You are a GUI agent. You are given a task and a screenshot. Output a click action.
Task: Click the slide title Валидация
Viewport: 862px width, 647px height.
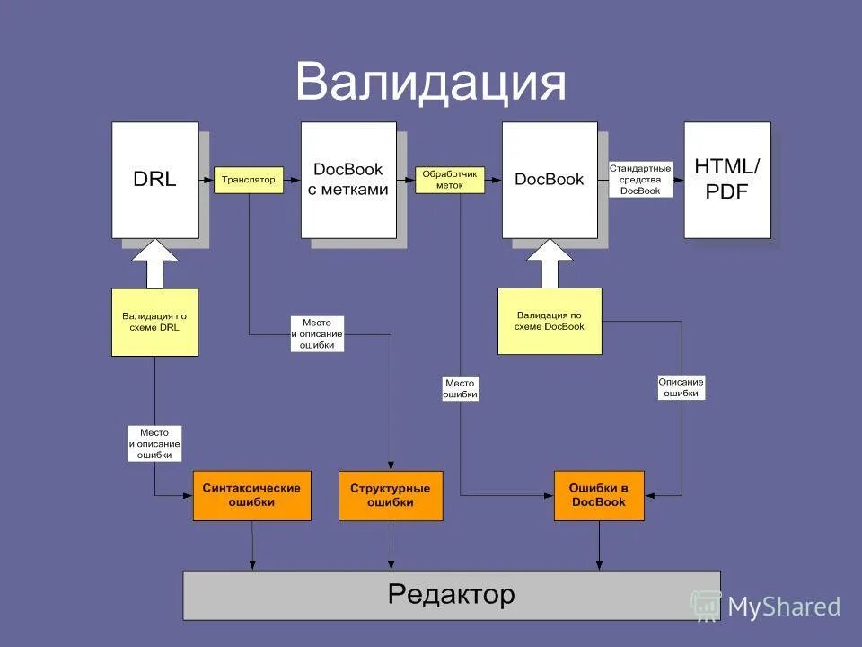pyautogui.click(x=430, y=83)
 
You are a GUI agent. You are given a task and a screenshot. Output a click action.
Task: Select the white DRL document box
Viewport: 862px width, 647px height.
pyautogui.click(x=155, y=180)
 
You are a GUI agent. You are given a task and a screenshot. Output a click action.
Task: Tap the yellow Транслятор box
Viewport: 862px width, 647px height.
pyautogui.click(x=249, y=180)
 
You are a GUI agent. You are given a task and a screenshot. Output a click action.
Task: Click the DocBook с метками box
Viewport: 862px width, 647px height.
pyautogui.click(x=348, y=180)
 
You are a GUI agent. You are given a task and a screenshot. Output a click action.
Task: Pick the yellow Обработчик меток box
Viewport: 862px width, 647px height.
pyautogui.click(x=450, y=180)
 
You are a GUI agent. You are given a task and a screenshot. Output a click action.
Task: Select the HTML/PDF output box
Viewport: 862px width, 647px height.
pyautogui.click(x=727, y=180)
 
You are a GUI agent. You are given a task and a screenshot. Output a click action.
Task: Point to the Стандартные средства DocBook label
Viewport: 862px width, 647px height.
pyautogui.click(x=640, y=180)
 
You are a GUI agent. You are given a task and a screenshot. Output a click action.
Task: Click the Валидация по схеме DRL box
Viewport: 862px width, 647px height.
pyautogui.click(x=154, y=322)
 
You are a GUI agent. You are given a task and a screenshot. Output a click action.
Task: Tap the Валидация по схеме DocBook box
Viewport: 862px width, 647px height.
pyautogui.click(x=550, y=321)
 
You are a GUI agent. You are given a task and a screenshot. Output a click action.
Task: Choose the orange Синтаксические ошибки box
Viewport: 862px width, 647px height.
pyautogui.click(x=251, y=495)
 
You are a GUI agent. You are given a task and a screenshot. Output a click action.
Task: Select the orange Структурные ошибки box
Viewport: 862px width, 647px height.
pyautogui.click(x=391, y=495)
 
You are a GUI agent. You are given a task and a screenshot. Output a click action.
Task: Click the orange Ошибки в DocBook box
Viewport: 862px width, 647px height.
pyautogui.click(x=599, y=495)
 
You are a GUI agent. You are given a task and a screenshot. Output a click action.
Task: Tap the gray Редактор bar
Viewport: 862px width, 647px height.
pyautogui.click(x=452, y=595)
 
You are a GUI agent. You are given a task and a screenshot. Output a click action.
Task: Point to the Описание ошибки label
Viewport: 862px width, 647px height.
pyautogui.click(x=682, y=387)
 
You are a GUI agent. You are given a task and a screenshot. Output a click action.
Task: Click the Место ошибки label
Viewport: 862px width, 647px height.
pyautogui.click(x=461, y=388)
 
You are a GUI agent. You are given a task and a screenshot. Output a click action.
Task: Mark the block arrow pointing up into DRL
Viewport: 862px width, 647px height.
pyautogui.click(x=155, y=262)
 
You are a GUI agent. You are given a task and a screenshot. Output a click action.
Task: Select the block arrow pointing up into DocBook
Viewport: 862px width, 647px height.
pyautogui.click(x=550, y=262)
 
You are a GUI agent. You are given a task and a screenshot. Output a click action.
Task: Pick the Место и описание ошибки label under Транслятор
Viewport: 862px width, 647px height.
pyautogui.click(x=317, y=333)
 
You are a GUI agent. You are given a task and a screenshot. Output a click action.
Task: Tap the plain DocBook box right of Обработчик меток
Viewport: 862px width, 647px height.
pyautogui.click(x=550, y=180)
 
